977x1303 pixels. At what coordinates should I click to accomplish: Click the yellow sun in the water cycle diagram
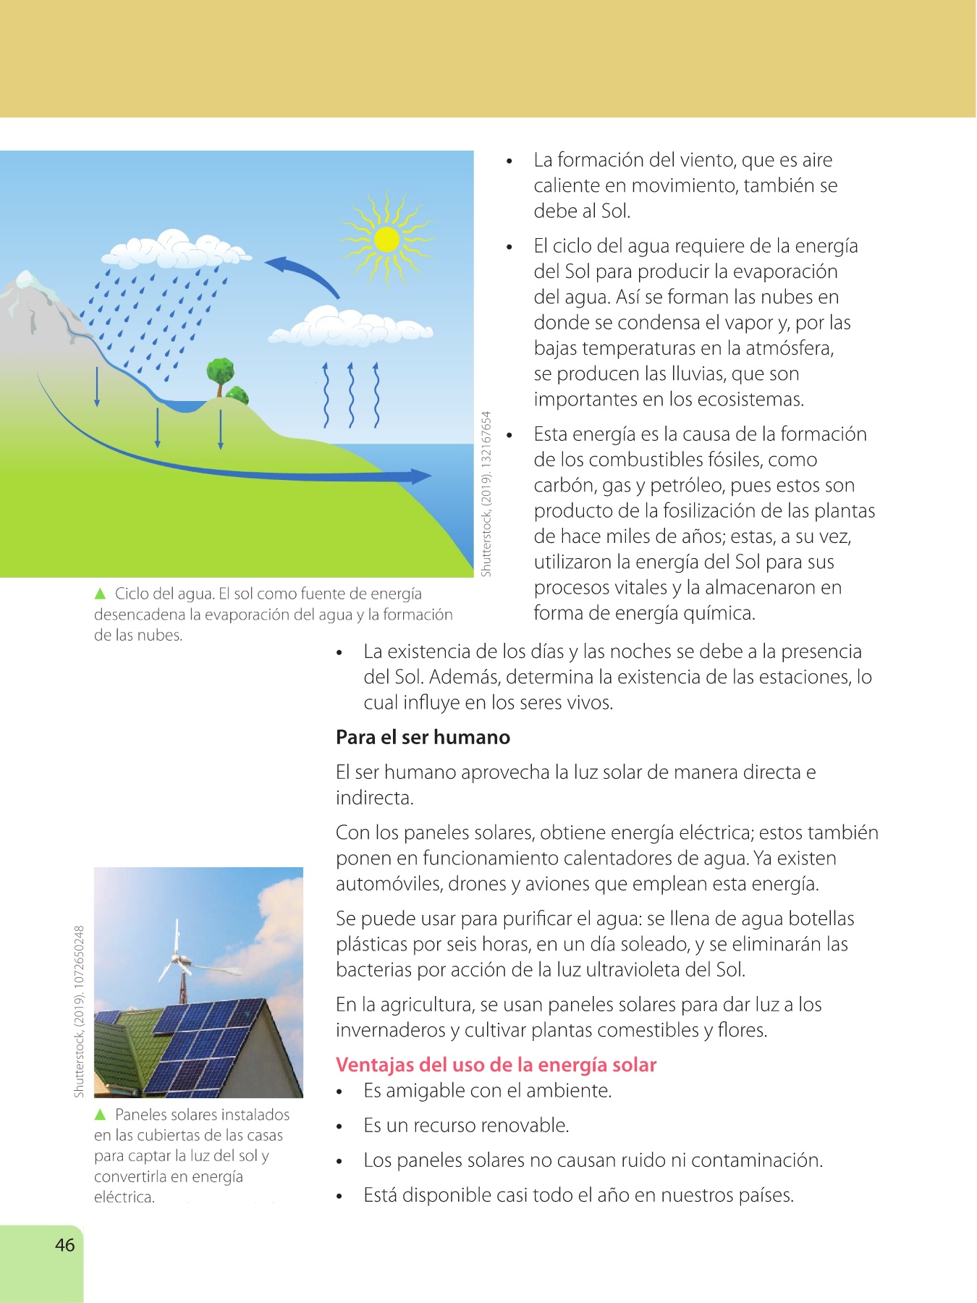387,240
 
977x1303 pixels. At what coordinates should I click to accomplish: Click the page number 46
64,1244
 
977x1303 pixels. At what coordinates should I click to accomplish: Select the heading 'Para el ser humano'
423,737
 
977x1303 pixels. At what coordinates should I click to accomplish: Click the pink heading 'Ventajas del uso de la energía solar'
496,1065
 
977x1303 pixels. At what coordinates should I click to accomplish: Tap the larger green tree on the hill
220,373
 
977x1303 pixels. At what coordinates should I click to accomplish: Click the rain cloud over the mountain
174,249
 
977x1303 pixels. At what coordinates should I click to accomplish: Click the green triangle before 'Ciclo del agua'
101,594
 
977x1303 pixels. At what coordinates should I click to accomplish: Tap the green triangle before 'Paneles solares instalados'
101,1114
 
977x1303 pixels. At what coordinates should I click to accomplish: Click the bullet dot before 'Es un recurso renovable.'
339,1126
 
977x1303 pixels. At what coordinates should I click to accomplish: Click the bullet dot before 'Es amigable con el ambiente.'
339,1092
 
